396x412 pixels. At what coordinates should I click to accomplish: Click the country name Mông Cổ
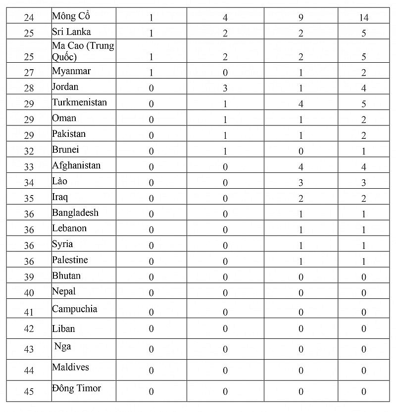pos(70,16)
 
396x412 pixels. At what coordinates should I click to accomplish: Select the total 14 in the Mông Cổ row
pos(364,18)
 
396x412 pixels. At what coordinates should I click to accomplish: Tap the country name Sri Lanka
pos(71,32)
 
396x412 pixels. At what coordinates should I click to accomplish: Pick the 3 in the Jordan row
pos(225,88)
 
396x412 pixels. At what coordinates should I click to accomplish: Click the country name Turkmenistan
pos(79,103)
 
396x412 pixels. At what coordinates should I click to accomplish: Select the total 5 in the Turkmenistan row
pos(364,104)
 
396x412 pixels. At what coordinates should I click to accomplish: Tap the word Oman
pos(64,118)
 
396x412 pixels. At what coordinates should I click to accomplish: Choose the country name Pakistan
pos(69,134)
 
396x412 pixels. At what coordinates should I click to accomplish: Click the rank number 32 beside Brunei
pos(29,151)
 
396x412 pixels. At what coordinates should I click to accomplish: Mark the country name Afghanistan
pos(76,165)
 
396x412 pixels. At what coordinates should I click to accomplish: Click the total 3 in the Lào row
pos(364,183)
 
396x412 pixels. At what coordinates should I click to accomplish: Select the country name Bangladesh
pos(75,213)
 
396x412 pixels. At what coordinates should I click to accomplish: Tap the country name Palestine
pos(70,260)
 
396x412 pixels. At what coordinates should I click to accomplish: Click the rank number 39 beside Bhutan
pos(29,277)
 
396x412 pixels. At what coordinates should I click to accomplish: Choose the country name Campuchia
pos(74,309)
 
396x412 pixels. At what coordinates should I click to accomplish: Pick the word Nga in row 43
pos(63,346)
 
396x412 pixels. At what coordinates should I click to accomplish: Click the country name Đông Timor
pos(76,388)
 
